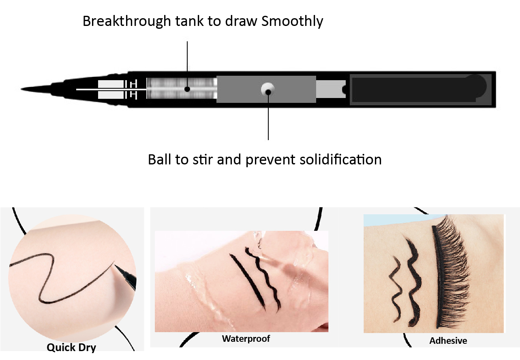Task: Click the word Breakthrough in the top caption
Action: coord(127,21)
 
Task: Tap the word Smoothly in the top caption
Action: coord(292,21)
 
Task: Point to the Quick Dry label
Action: coord(71,347)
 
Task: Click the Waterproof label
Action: coord(246,339)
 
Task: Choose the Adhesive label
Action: coord(448,341)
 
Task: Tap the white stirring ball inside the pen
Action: coord(267,89)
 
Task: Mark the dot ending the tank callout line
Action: coord(187,89)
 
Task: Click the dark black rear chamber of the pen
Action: coord(420,89)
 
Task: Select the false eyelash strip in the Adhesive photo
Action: coord(450,271)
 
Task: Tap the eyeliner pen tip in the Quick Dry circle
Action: coord(125,277)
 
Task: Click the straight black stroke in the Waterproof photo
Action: coord(248,282)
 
